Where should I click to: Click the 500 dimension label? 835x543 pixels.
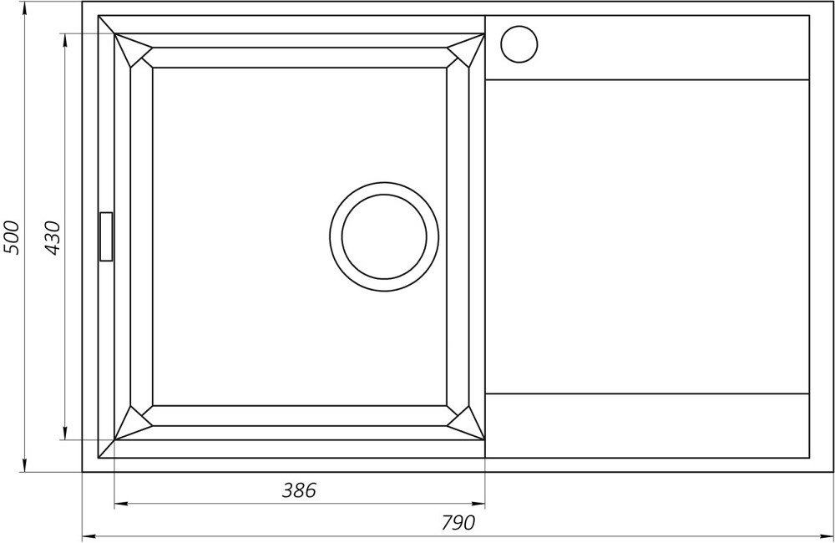pos(11,237)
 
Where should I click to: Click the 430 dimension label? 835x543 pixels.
pos(52,237)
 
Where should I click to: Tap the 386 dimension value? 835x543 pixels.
pos(299,490)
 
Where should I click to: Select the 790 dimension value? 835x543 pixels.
pos(458,523)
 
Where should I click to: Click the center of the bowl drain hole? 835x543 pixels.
pos(384,236)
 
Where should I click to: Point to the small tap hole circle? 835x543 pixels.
pos(519,44)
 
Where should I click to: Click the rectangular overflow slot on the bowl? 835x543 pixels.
pos(106,236)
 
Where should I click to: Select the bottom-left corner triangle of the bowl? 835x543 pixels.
pos(131,424)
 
